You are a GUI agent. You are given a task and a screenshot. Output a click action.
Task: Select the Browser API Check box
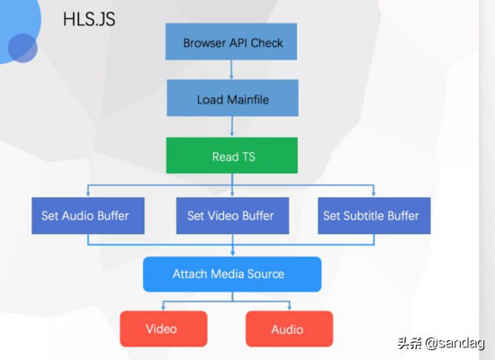pyautogui.click(x=232, y=42)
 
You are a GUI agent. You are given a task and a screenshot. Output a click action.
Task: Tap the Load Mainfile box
pyautogui.click(x=232, y=98)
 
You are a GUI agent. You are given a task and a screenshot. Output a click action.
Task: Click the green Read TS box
pyautogui.click(x=232, y=156)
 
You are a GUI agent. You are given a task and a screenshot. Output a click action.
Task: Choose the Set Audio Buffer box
pyautogui.click(x=85, y=216)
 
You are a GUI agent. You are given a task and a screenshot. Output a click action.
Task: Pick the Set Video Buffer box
pyautogui.click(x=231, y=216)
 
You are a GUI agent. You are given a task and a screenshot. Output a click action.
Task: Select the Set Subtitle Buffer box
pyautogui.click(x=371, y=216)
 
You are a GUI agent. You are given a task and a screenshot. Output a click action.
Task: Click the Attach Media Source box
pyautogui.click(x=232, y=274)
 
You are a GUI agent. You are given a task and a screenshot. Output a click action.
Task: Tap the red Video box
pyautogui.click(x=163, y=328)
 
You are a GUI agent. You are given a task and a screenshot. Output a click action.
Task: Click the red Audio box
pyautogui.click(x=288, y=328)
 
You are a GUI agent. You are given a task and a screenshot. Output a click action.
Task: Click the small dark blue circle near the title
pyautogui.click(x=22, y=48)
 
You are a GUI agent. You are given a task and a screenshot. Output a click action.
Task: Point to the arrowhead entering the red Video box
pyautogui.click(x=164, y=308)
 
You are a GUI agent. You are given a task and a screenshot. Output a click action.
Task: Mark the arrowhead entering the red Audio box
pyautogui.click(x=288, y=308)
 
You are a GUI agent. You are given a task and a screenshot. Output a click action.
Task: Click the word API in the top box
pyautogui.click(x=240, y=42)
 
